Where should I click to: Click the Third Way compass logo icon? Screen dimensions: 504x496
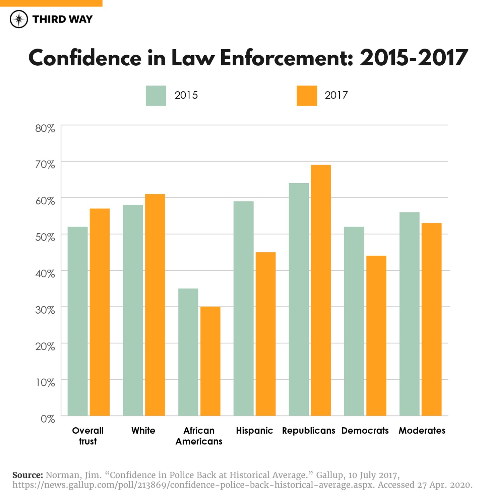coord(19,19)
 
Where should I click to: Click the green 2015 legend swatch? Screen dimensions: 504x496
coord(156,96)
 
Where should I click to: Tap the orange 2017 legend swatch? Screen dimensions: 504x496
coord(307,96)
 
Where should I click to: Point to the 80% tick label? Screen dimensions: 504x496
coord(45,128)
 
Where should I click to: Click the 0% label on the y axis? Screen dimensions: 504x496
coord(48,419)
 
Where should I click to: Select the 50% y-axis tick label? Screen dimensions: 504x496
coord(45,237)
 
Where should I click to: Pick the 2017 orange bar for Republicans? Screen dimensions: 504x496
coord(321,290)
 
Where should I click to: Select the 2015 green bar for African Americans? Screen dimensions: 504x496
coord(188,352)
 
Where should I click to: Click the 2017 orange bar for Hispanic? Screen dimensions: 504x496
coord(265,334)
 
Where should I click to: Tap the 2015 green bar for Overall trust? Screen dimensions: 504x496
coord(77,321)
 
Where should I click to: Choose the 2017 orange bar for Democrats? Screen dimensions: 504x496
coord(376,335)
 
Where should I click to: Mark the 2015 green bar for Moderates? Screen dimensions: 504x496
coord(409,314)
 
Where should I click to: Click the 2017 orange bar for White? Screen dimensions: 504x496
coord(155,305)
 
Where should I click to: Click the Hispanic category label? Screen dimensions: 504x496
coord(254,431)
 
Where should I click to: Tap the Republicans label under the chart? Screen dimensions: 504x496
coord(308,431)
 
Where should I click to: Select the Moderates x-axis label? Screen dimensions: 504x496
coord(422,431)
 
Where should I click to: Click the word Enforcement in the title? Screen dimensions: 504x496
coord(287,58)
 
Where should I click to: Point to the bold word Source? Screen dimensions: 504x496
coord(27,475)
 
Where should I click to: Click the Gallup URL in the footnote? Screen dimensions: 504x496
coord(193,485)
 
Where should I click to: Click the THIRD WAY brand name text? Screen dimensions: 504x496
coord(62,19)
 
